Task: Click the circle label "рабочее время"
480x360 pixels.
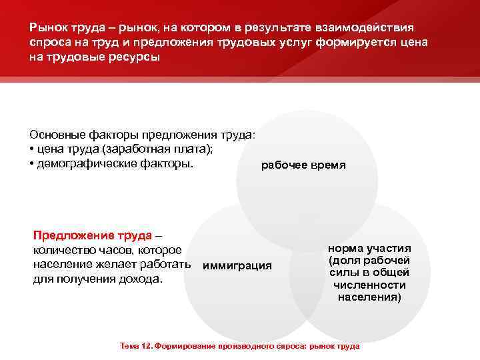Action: (x=303, y=165)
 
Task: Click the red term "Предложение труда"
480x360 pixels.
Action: (x=93, y=236)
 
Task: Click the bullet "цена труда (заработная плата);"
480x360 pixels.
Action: (x=126, y=149)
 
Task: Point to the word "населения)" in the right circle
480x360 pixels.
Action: (x=369, y=297)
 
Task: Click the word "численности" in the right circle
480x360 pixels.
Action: (x=369, y=285)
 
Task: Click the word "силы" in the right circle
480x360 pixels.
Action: (x=345, y=273)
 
